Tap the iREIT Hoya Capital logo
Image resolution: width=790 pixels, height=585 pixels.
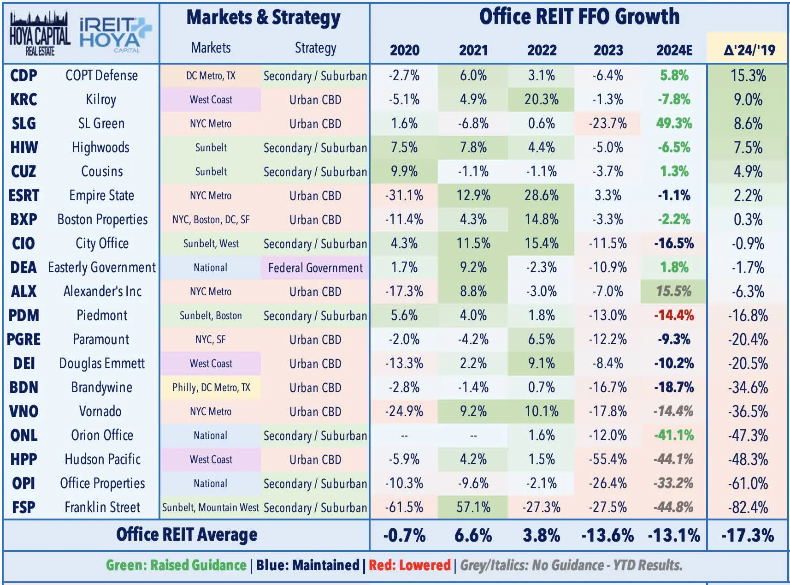116,35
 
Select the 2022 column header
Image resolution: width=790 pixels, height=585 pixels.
542,50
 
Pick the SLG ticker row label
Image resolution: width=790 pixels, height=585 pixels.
24,124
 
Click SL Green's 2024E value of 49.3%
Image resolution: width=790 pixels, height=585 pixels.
674,124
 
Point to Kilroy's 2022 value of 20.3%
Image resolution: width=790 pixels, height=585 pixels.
542,100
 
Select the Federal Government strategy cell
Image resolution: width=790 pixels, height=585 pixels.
315,268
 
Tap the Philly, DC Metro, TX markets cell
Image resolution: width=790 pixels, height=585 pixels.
211,388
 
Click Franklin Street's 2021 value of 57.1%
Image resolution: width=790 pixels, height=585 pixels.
473,507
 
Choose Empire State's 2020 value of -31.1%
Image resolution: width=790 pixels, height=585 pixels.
404,196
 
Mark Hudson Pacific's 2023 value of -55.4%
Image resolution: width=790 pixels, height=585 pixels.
608,460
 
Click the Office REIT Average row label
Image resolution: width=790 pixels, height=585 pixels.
187,535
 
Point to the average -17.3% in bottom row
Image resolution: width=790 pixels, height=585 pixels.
748,535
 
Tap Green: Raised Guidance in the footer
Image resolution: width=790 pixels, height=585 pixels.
176,565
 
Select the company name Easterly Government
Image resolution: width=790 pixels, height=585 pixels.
102,268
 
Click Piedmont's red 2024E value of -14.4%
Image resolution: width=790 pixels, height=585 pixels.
674,316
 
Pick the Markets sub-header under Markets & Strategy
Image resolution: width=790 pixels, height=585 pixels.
211,48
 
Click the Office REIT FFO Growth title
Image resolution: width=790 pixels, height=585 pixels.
579,17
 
